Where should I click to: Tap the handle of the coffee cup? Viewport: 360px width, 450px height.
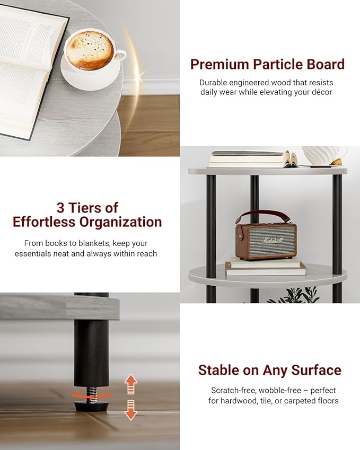120,55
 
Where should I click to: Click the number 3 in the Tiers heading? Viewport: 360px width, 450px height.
60,208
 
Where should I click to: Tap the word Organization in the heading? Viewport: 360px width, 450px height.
120,223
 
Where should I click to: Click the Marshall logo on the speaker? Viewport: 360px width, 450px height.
272,240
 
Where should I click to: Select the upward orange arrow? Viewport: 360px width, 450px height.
130,384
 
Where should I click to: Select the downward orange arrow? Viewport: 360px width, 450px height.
130,410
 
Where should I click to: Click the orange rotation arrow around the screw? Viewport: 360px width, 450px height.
91,395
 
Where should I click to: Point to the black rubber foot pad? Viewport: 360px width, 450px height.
91,405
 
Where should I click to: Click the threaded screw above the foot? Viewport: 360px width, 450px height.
91,393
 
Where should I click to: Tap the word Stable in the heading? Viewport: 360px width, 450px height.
218,370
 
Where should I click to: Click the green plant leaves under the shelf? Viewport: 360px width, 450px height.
293,295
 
